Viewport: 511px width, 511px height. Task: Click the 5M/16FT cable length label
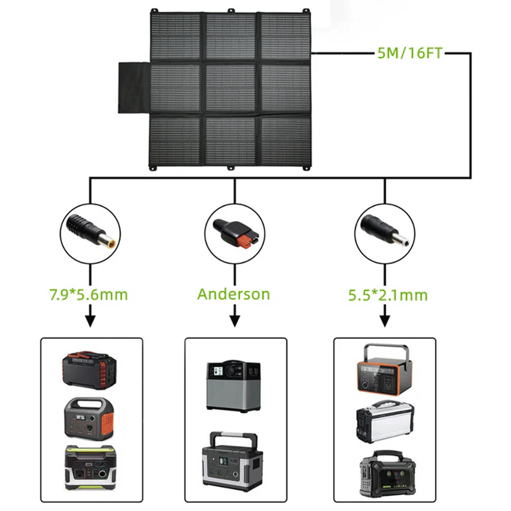click(x=409, y=53)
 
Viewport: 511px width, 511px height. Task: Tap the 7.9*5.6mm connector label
click(x=88, y=294)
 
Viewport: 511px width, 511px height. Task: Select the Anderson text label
click(x=234, y=294)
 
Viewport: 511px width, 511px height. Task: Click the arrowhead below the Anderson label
click(x=235, y=321)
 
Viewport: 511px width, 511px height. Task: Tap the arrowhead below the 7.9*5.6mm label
click(x=90, y=321)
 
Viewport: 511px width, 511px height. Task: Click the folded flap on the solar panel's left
click(x=134, y=88)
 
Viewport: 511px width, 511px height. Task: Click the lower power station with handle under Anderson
click(x=235, y=458)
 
